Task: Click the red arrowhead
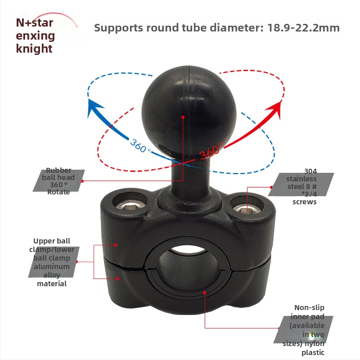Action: (274, 108)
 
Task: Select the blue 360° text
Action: (140, 145)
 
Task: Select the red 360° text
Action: (211, 151)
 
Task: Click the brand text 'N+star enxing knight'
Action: (36, 36)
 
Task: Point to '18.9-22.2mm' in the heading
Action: (303, 28)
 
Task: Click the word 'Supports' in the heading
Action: (118, 28)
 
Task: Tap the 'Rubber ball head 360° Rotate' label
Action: (58, 181)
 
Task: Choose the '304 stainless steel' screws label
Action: (301, 186)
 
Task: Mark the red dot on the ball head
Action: (183, 117)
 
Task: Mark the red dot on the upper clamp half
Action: (116, 245)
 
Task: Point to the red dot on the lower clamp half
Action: (117, 279)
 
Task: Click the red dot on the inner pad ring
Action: (204, 292)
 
